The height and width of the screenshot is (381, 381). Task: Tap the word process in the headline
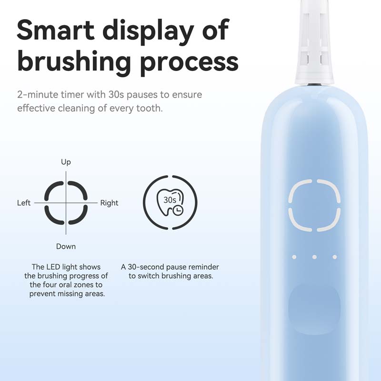190,62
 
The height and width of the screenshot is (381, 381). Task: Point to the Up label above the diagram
66,162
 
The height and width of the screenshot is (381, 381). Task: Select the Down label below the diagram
66,246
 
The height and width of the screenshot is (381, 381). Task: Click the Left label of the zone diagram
24,203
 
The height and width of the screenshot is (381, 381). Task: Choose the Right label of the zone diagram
109,203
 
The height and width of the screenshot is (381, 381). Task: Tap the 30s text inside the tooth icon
170,200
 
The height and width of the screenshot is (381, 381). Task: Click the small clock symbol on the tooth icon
178,210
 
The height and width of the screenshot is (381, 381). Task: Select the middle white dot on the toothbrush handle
314,257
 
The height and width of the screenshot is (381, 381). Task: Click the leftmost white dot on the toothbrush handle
294,257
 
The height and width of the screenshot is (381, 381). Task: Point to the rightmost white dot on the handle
335,257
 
